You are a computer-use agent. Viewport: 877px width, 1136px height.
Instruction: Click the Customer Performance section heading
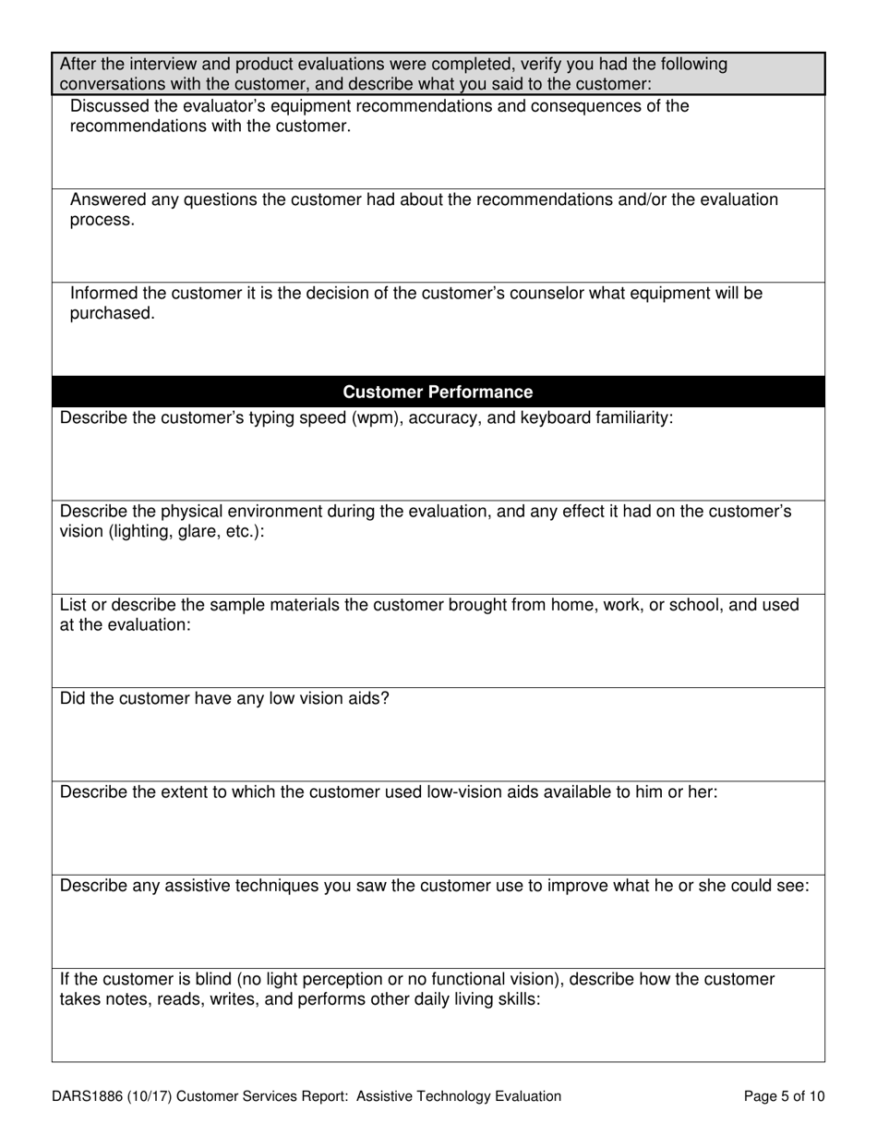coord(438,392)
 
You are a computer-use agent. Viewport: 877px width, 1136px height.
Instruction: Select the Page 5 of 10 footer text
coord(784,1096)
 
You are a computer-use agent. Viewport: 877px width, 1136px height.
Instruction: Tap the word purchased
coord(113,314)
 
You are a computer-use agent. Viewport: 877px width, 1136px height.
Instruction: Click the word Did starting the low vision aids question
coord(73,697)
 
